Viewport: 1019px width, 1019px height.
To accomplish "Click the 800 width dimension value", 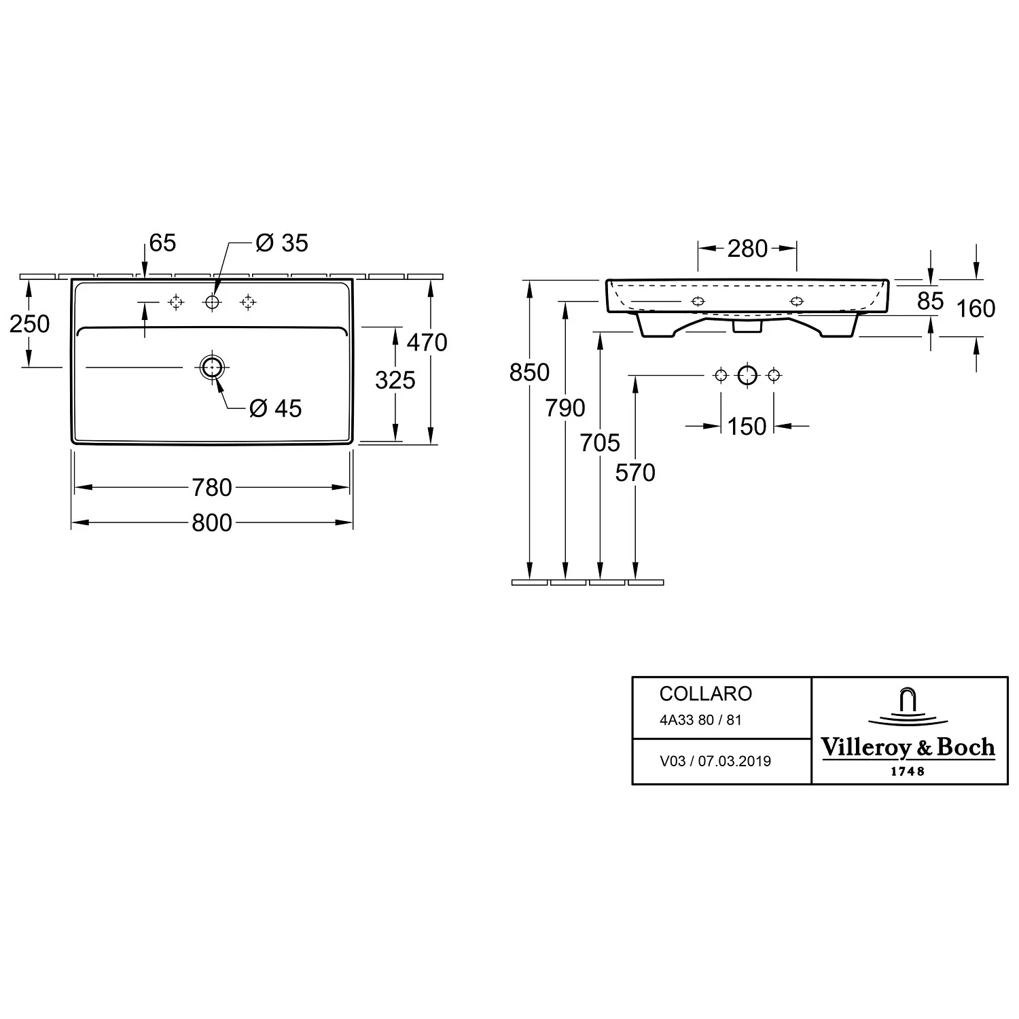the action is click(212, 522).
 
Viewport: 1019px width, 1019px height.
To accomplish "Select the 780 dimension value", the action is click(212, 487).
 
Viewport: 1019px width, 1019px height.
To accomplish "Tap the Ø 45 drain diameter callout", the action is click(275, 408).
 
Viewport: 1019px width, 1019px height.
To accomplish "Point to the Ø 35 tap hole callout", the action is click(282, 243).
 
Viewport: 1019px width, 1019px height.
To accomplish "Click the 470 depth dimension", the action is click(427, 342).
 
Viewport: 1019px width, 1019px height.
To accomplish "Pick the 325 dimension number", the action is click(395, 380).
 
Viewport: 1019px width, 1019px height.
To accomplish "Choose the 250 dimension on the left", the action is click(30, 324).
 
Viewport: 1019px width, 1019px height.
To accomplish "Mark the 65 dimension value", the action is click(162, 243).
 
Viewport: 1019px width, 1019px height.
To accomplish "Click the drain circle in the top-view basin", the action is click(212, 367).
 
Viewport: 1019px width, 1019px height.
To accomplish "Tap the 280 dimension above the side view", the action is click(747, 249).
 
